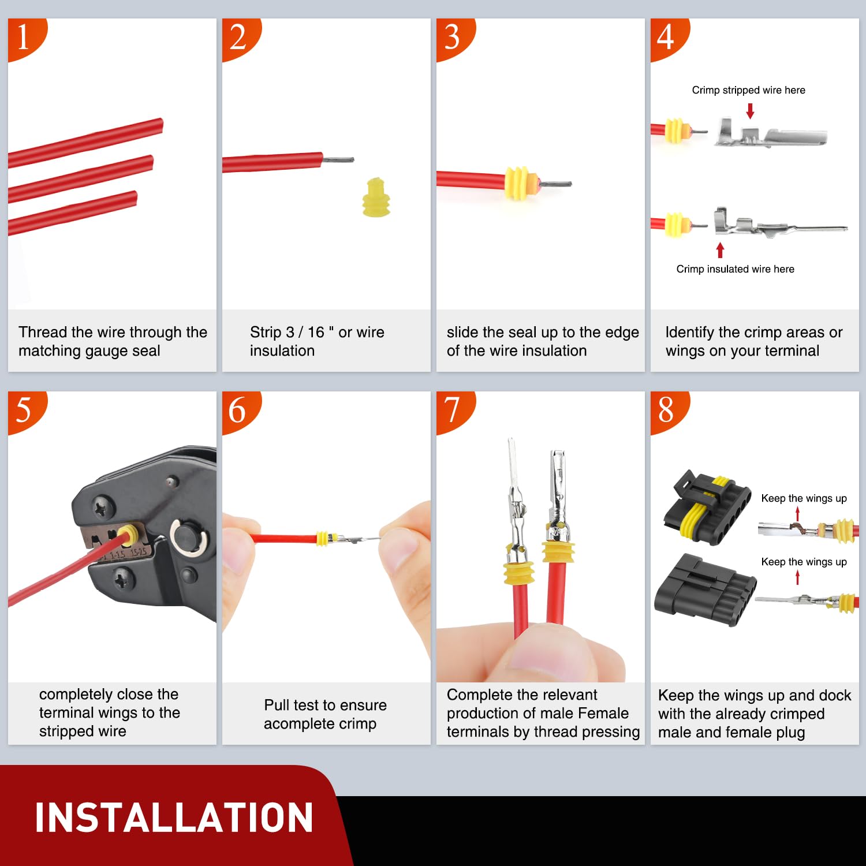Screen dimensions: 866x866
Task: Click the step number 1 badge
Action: click(24, 38)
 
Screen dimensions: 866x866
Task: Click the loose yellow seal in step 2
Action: click(376, 197)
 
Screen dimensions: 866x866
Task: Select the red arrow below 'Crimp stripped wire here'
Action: click(750, 111)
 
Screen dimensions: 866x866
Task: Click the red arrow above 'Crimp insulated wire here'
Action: click(720, 250)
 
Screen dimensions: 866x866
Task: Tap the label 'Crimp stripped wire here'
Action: click(748, 90)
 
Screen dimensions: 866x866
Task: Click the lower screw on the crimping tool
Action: click(123, 578)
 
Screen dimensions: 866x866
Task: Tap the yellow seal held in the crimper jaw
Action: click(128, 535)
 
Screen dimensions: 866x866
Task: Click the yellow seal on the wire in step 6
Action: click(322, 539)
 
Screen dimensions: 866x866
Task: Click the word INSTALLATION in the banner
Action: click(174, 818)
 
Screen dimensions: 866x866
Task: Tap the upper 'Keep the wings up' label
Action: click(804, 498)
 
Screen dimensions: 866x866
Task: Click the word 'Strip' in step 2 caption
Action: click(266, 333)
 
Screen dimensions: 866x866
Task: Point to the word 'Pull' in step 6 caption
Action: click(277, 705)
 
